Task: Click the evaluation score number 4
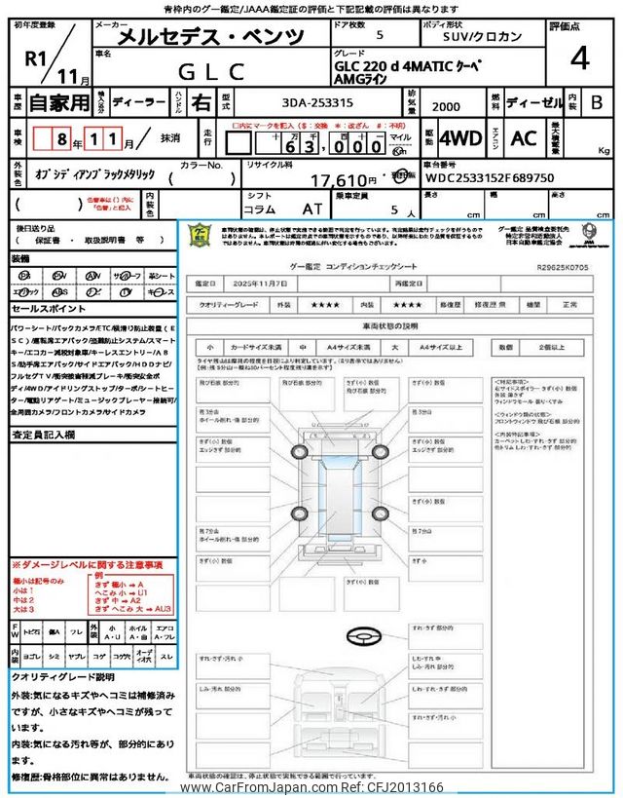[x=580, y=59]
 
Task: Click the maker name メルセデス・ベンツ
[x=210, y=37]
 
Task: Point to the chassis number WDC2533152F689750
[x=489, y=179]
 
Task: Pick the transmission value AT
[x=311, y=209]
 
